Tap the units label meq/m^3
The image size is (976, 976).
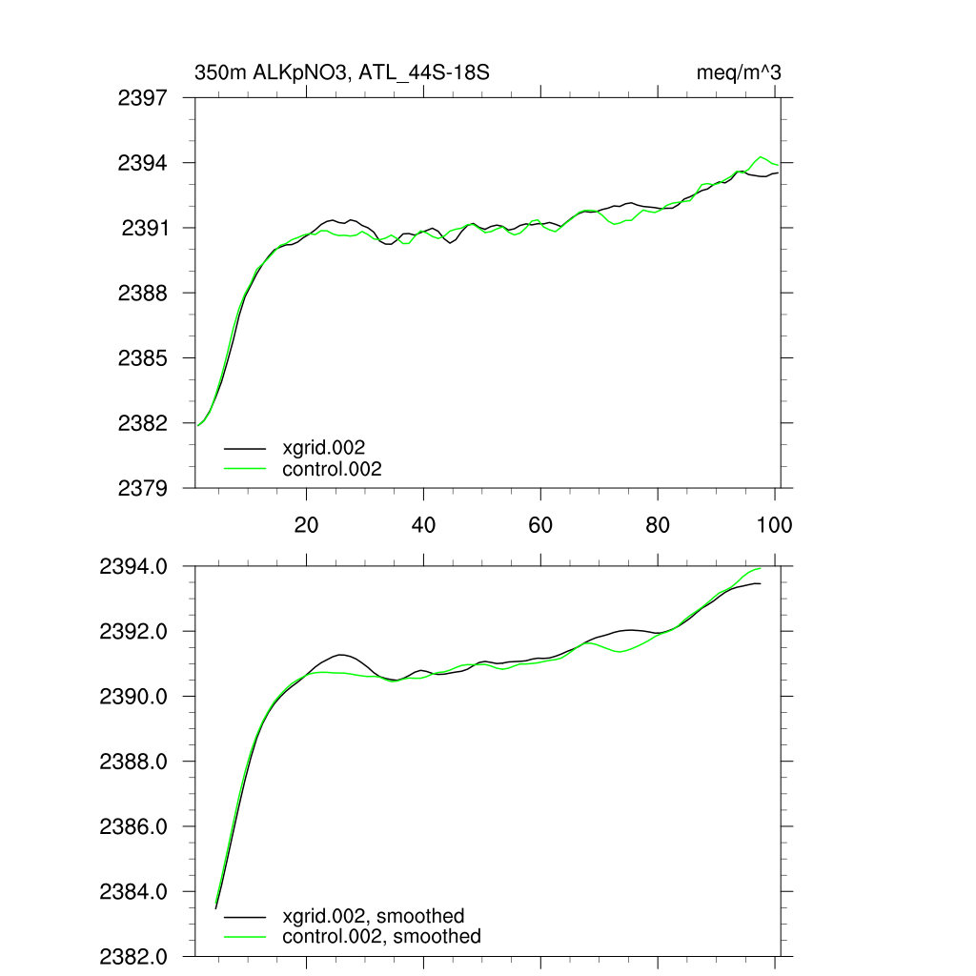[x=740, y=72]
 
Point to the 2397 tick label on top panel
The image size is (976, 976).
[x=143, y=97]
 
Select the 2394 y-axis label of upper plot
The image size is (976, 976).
[x=143, y=163]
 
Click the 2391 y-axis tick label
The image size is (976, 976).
[x=145, y=228]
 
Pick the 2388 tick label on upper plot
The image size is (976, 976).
[x=143, y=293]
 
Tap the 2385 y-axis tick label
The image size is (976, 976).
[x=143, y=358]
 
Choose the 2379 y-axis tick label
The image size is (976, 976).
[x=143, y=488]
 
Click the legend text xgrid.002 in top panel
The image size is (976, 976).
[x=324, y=447]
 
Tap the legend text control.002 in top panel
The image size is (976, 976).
[x=332, y=469]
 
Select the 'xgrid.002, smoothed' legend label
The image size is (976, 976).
[x=374, y=916]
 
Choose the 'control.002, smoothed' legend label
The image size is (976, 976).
[x=381, y=937]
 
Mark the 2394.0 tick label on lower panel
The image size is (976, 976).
[x=134, y=567]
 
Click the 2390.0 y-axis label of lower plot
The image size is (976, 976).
[x=134, y=697]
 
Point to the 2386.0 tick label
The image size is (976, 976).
[x=134, y=826]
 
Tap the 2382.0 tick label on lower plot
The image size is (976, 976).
[x=134, y=956]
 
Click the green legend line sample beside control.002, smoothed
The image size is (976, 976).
[x=245, y=937]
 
